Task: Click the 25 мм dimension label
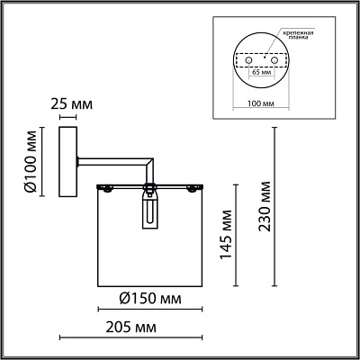pyautogui.click(x=72, y=104)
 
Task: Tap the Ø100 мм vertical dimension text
pyautogui.click(x=31, y=162)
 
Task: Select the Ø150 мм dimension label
pyautogui.click(x=150, y=299)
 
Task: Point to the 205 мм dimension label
pyautogui.click(x=131, y=328)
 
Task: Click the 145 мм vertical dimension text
pyautogui.click(x=226, y=235)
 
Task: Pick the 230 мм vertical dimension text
pyautogui.click(x=265, y=206)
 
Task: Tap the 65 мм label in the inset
pyautogui.click(x=261, y=72)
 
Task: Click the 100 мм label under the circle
pyautogui.click(x=261, y=103)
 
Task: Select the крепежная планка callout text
pyautogui.click(x=297, y=35)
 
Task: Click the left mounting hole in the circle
pyautogui.click(x=248, y=60)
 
